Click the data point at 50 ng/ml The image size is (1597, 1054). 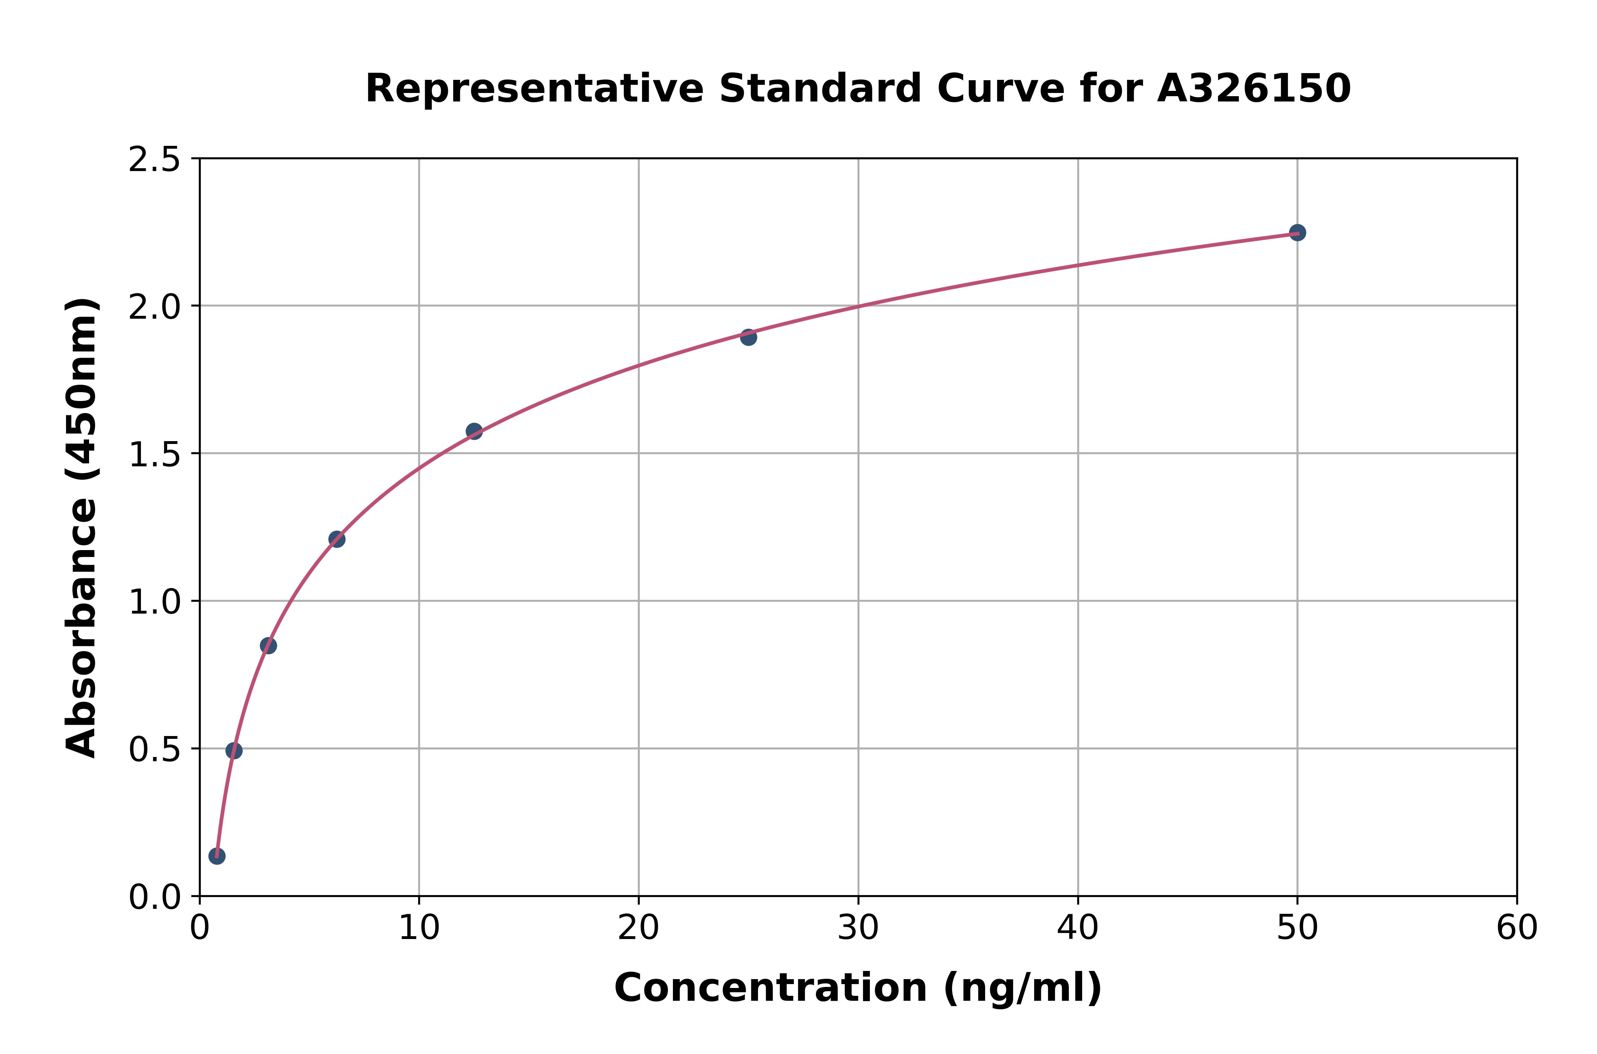[1297, 232]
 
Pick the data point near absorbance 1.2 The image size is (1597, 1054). [337, 539]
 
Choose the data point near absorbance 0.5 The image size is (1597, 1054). [234, 751]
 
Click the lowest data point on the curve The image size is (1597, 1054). [217, 856]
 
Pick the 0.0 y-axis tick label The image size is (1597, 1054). [155, 897]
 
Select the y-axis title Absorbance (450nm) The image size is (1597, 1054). [82, 528]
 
